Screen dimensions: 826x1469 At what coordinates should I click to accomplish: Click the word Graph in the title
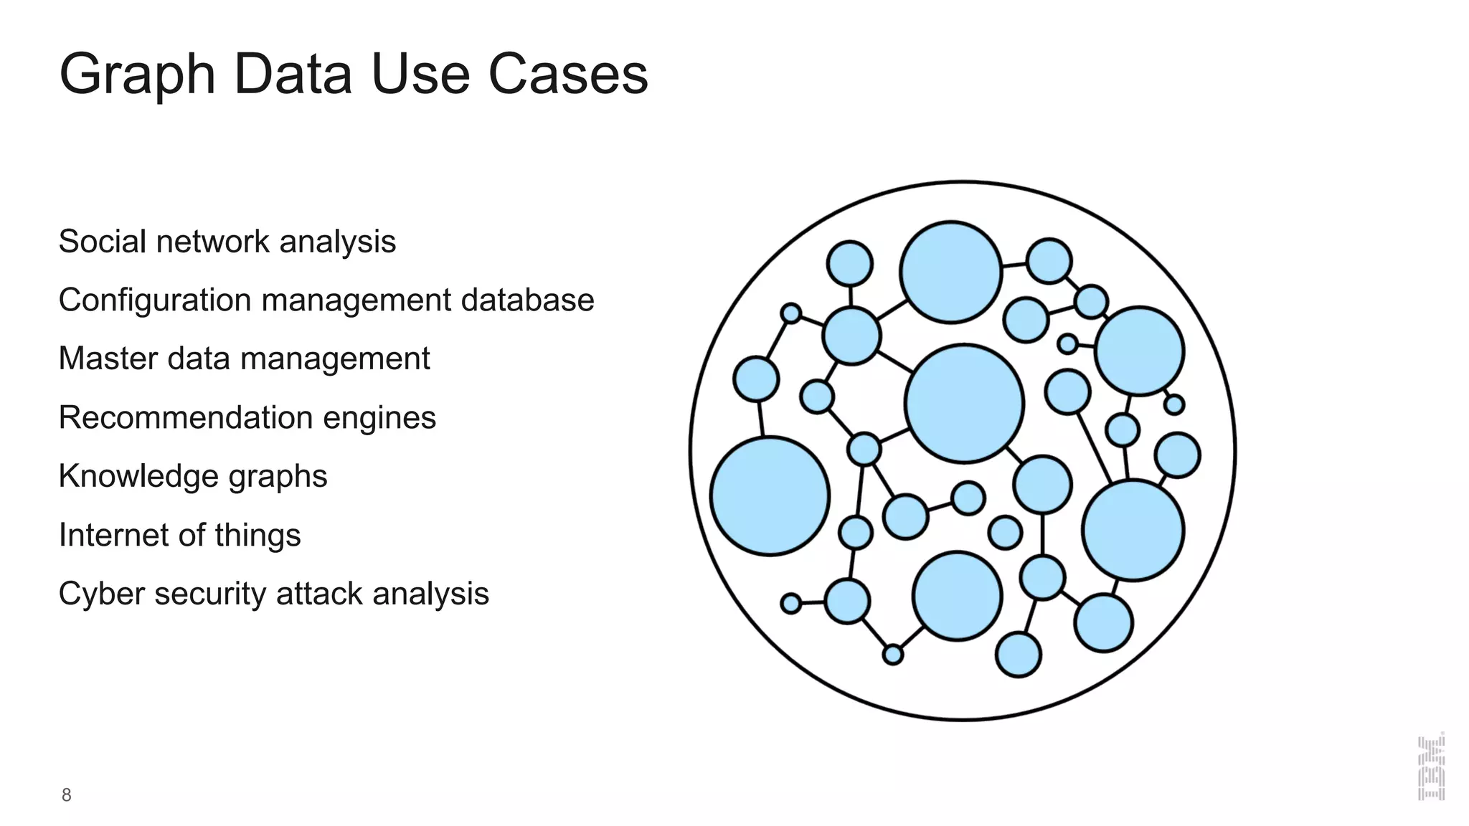click(137, 75)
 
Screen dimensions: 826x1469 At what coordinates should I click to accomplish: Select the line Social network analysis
click(227, 242)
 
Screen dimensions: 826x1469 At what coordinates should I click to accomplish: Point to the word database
click(527, 300)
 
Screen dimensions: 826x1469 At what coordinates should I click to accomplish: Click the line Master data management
click(244, 359)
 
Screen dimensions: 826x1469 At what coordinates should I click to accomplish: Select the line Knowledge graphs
click(192, 477)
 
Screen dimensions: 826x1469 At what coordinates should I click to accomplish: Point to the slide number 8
click(66, 795)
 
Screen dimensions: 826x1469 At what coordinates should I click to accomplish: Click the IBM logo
click(1431, 766)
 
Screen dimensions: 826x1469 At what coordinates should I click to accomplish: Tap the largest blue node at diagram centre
click(964, 403)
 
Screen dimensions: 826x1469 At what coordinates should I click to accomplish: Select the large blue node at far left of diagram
click(770, 496)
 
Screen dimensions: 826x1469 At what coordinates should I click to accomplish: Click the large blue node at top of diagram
click(950, 272)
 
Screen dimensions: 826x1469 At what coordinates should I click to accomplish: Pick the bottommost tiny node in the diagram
click(892, 655)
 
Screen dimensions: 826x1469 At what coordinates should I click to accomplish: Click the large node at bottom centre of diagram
click(957, 596)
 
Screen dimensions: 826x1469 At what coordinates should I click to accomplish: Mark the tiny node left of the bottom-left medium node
click(790, 604)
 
